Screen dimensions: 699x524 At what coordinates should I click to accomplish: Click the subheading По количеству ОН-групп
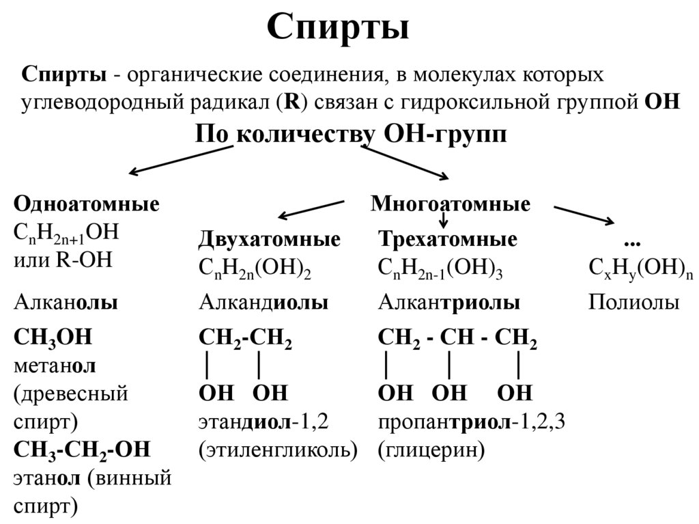click(x=351, y=133)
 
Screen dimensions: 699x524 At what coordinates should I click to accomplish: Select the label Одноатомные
click(x=87, y=204)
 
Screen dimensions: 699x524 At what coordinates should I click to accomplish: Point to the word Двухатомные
click(x=269, y=240)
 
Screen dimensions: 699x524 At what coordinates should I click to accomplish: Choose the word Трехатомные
click(x=447, y=240)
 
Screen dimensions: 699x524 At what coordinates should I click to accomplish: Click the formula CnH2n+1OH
click(x=66, y=232)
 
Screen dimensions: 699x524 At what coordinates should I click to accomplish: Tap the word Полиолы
click(x=633, y=303)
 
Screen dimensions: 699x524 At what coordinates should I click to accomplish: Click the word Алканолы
click(x=66, y=303)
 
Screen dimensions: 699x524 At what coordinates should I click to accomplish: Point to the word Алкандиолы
click(x=263, y=303)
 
